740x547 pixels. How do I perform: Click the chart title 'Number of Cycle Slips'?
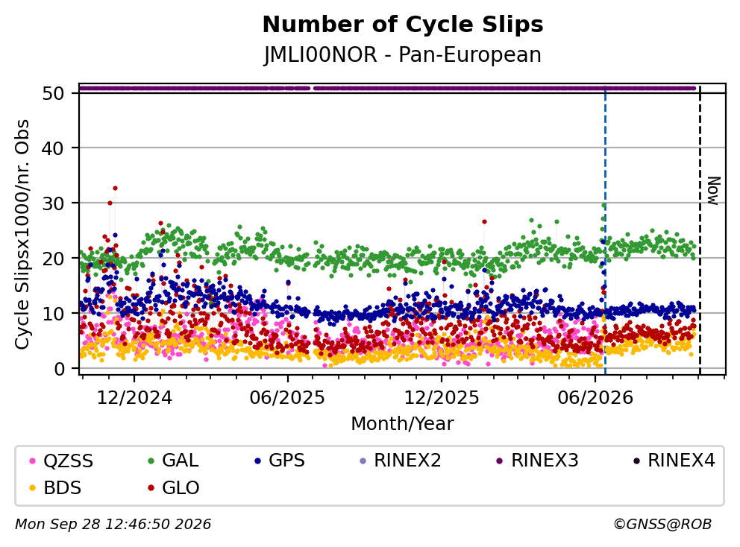[403, 25]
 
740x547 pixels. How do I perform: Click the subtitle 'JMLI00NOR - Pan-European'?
[403, 54]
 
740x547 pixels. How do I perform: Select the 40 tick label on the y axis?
[53, 148]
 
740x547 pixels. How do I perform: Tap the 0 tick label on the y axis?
[58, 369]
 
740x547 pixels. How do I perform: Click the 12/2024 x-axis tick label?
[134, 398]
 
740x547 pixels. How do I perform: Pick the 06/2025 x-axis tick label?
[287, 398]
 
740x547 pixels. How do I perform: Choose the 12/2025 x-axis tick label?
[442, 398]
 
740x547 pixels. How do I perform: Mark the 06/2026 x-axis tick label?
[595, 398]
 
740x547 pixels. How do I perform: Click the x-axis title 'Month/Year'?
[402, 423]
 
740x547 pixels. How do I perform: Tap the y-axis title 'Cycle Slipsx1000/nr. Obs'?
[22, 234]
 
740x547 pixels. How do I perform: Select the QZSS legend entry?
[61, 461]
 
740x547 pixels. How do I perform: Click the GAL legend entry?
[173, 461]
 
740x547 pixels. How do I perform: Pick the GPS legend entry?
[280, 461]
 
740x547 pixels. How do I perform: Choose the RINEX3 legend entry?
[538, 461]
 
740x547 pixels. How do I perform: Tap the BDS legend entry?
[55, 487]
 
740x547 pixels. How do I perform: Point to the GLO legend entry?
[174, 487]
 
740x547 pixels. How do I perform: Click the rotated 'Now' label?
[714, 191]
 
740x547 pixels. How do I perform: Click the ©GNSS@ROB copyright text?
[662, 524]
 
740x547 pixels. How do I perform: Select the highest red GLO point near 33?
[115, 188]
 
